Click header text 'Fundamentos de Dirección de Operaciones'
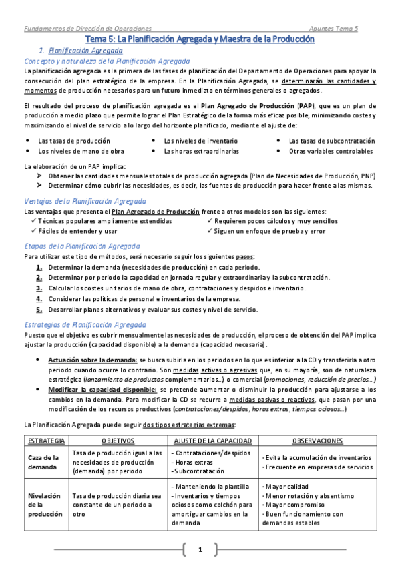(87, 29)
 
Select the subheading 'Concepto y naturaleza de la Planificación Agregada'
(107, 60)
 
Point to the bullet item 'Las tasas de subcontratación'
(331, 141)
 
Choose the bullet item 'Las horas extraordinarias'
(201, 151)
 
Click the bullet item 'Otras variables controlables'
(331, 151)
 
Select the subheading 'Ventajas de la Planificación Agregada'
(85, 201)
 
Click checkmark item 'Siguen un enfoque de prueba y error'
(270, 231)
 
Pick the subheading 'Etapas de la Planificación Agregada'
(81, 246)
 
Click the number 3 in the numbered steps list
(39, 288)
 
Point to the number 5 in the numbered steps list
(39, 309)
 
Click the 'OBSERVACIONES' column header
(318, 441)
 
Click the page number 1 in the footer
(199, 549)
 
